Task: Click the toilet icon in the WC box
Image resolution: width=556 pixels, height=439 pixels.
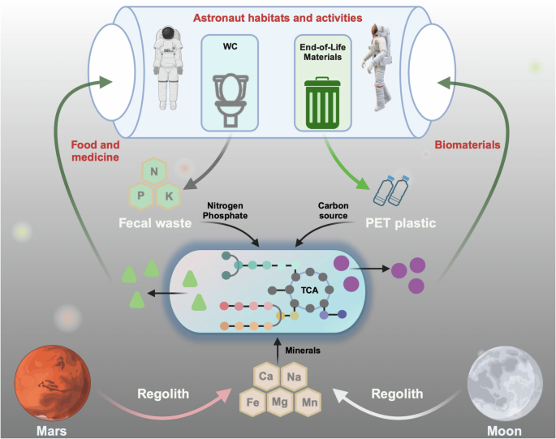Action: (231, 100)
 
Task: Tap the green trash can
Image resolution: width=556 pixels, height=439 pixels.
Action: (322, 103)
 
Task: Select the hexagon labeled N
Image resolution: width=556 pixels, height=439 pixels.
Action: (154, 171)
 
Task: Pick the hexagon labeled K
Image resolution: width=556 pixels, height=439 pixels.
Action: (169, 196)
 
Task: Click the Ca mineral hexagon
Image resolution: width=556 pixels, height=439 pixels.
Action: (266, 376)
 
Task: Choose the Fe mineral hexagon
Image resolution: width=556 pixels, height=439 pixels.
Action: (252, 402)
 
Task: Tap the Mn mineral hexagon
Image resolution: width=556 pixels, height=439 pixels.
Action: (309, 402)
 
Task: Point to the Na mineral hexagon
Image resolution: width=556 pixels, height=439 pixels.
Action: (294, 376)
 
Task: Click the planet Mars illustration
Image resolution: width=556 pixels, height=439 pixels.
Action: (52, 383)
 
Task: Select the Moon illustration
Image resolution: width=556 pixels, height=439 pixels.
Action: (505, 383)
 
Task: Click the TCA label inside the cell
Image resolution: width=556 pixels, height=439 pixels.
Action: (309, 291)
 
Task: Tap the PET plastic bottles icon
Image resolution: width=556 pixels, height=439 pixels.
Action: (391, 192)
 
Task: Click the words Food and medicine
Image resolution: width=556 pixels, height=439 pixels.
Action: (96, 151)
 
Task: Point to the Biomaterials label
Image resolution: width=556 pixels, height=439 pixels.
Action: (468, 144)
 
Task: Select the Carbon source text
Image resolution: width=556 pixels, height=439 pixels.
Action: (333, 211)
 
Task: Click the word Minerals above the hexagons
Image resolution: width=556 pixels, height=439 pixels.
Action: (303, 351)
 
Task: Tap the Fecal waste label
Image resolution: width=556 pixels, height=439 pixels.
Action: (155, 223)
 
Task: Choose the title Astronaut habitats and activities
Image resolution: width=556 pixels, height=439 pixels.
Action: (278, 18)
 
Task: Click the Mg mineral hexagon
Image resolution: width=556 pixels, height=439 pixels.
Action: (280, 402)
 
